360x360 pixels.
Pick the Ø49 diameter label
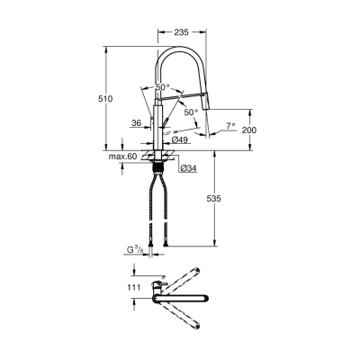(180, 140)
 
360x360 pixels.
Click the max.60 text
(121, 157)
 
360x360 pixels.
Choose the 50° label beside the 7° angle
(190, 113)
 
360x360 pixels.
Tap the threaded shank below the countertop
(162, 166)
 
